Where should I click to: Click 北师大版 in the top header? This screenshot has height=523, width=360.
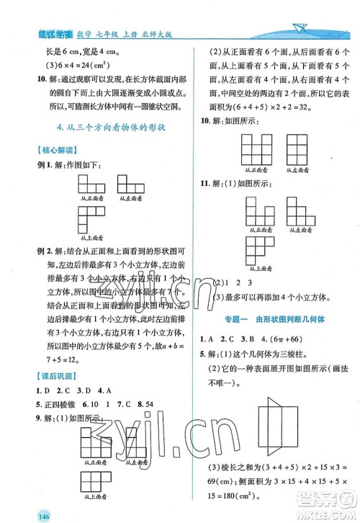[161, 29]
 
